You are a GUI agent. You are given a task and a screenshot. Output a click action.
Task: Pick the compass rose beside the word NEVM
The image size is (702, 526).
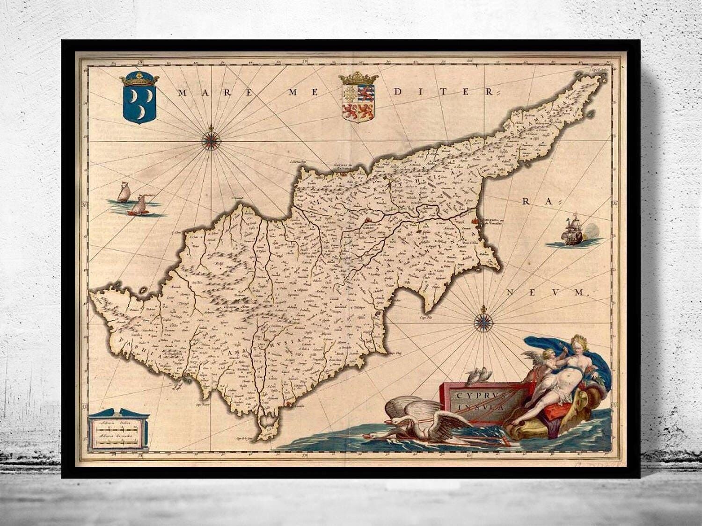click(482, 322)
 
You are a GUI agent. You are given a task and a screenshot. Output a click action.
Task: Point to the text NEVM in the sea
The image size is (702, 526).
click(548, 293)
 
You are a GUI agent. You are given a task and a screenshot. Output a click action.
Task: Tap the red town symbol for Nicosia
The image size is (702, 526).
click(370, 220)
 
